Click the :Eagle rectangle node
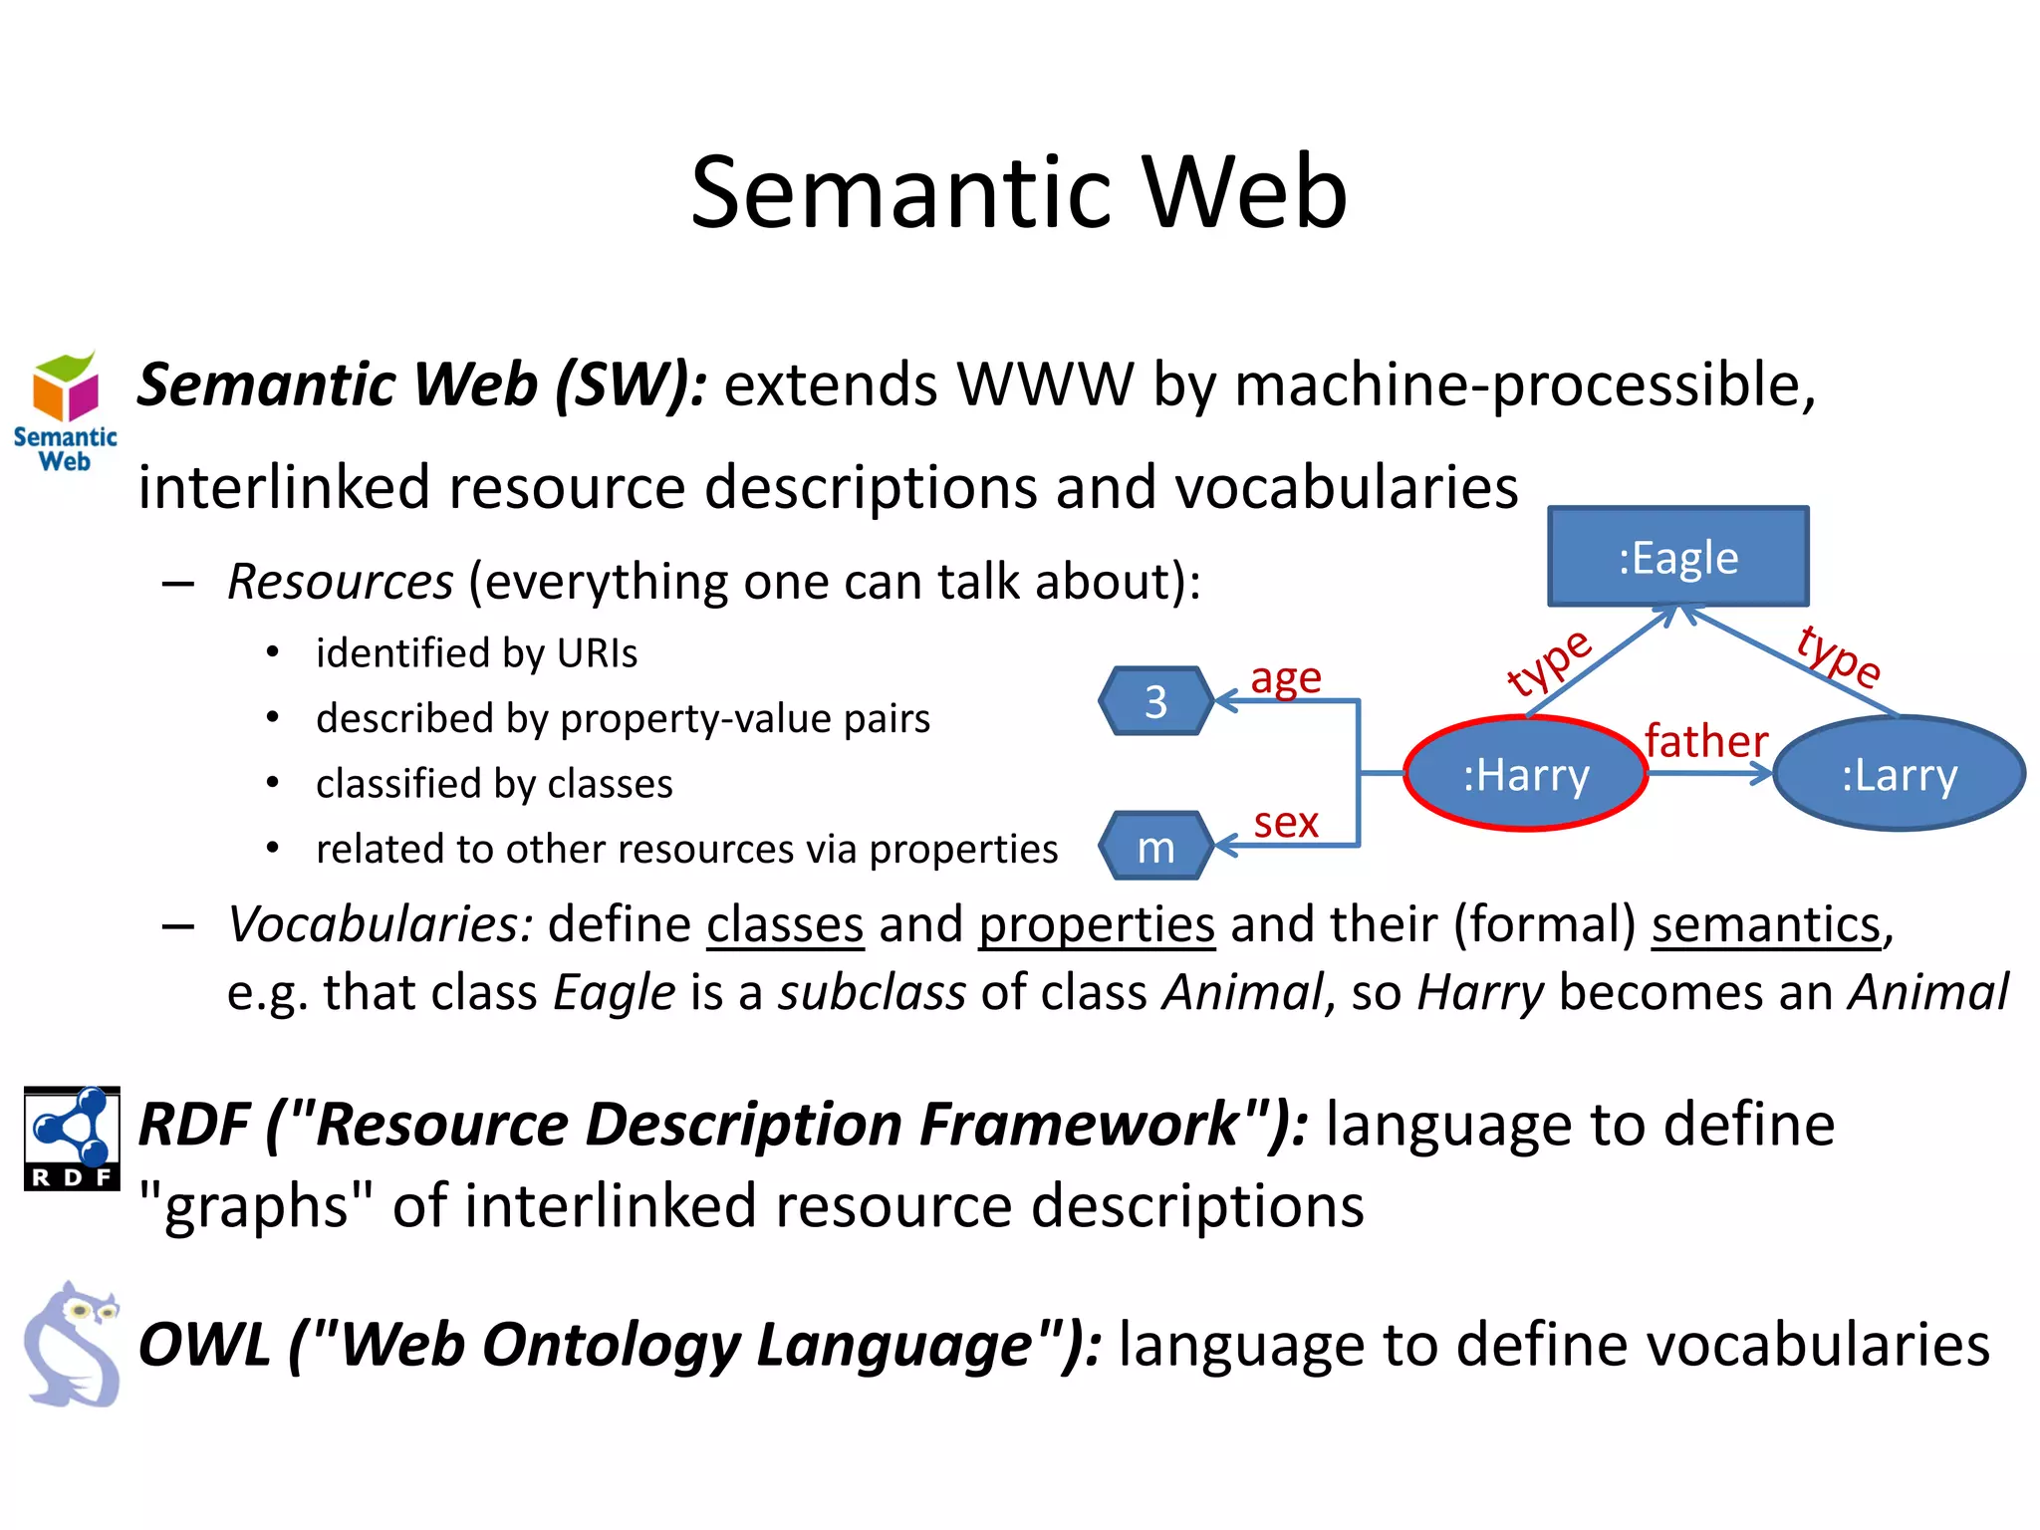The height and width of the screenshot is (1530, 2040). (1677, 557)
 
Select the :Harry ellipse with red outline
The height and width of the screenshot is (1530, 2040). (1525, 774)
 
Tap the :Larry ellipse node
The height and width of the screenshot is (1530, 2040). (1899, 774)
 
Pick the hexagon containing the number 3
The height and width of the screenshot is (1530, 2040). (1155, 701)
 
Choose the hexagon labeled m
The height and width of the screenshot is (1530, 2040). (1155, 847)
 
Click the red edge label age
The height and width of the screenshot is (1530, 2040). (1285, 678)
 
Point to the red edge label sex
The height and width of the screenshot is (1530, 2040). (1285, 823)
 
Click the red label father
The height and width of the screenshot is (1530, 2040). (1705, 741)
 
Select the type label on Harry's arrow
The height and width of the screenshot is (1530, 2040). (1548, 663)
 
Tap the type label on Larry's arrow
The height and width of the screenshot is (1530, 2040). (1839, 655)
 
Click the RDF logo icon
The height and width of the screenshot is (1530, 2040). (72, 1138)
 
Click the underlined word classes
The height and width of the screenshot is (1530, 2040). (785, 924)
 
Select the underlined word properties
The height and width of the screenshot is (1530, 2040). (1096, 924)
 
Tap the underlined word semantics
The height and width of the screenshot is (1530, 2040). (1765, 924)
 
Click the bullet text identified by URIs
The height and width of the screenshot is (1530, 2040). (476, 653)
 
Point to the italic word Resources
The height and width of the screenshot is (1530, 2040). (341, 582)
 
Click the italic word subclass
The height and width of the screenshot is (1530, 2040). (872, 993)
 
